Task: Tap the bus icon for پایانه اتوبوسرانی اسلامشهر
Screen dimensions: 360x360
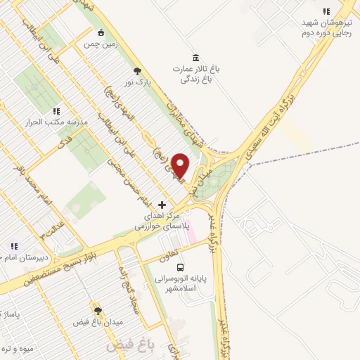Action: [181, 268]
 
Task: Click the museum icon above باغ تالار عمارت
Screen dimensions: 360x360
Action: [195, 58]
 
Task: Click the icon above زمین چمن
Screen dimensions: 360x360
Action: [102, 32]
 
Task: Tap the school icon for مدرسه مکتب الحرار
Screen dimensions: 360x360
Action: [56, 111]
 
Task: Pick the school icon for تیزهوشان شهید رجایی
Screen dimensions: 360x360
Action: [326, 11]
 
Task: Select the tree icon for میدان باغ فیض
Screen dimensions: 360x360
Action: [98, 310]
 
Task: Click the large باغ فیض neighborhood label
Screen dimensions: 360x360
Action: [123, 346]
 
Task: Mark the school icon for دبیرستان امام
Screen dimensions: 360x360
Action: [13, 246]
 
